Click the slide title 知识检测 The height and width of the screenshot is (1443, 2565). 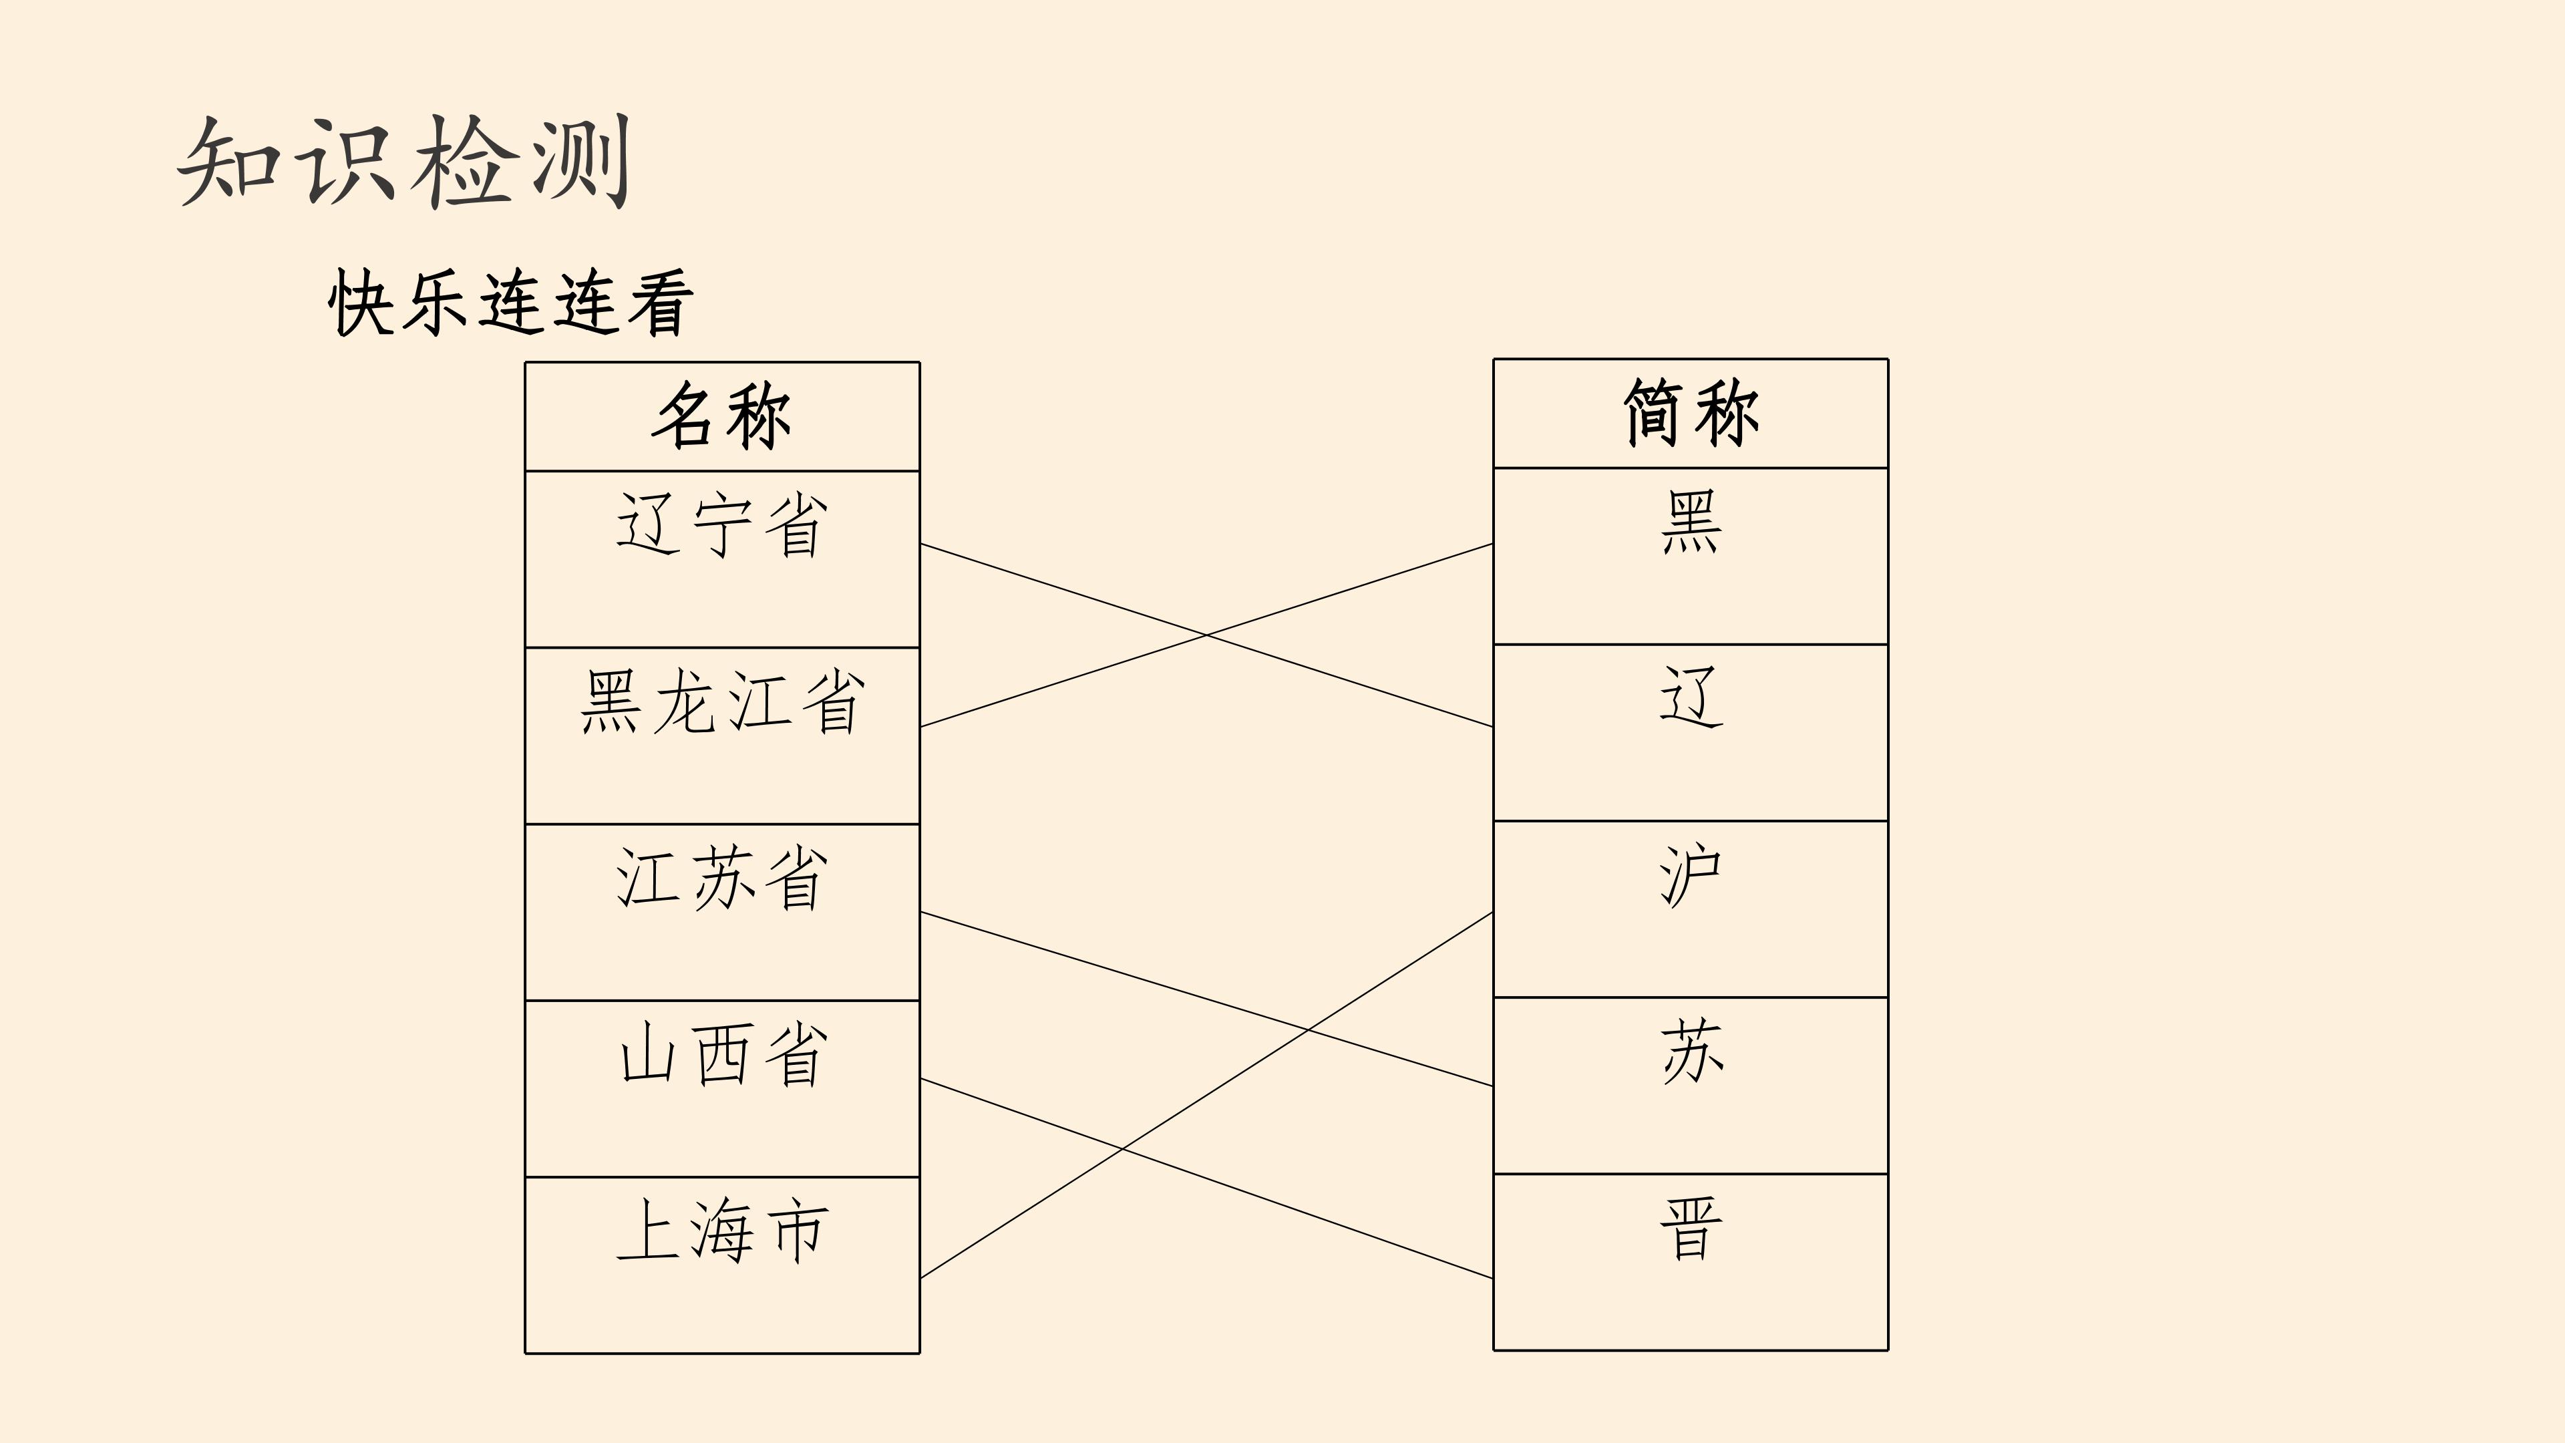point(404,161)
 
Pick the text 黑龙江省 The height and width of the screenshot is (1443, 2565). point(722,702)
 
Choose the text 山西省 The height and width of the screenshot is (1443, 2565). point(722,1055)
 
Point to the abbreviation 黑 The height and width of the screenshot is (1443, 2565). point(1691,522)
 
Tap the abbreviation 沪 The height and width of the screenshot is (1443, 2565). point(1691,875)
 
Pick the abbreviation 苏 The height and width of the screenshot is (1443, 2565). point(1691,1052)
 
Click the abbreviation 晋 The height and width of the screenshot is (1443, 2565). point(1691,1229)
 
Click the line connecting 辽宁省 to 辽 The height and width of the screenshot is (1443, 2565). point(1207,635)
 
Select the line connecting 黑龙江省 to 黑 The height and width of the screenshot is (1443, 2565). point(1207,635)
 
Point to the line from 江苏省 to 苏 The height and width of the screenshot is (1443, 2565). point(1207,999)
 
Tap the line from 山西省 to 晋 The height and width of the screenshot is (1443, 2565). point(1207,1178)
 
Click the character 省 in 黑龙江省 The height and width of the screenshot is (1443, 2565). point(832,702)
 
